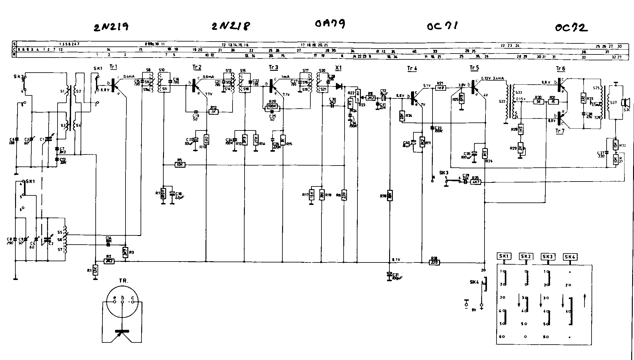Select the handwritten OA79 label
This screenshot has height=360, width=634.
click(330, 24)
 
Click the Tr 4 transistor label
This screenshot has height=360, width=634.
click(412, 68)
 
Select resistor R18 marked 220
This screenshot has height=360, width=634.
click(434, 262)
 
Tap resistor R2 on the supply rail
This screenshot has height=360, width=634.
click(110, 261)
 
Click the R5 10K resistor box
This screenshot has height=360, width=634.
click(180, 165)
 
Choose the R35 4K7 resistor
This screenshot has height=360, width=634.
click(476, 182)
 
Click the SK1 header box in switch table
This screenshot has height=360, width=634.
click(504, 256)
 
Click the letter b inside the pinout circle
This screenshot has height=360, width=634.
click(122, 298)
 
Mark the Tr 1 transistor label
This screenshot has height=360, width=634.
click(113, 67)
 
